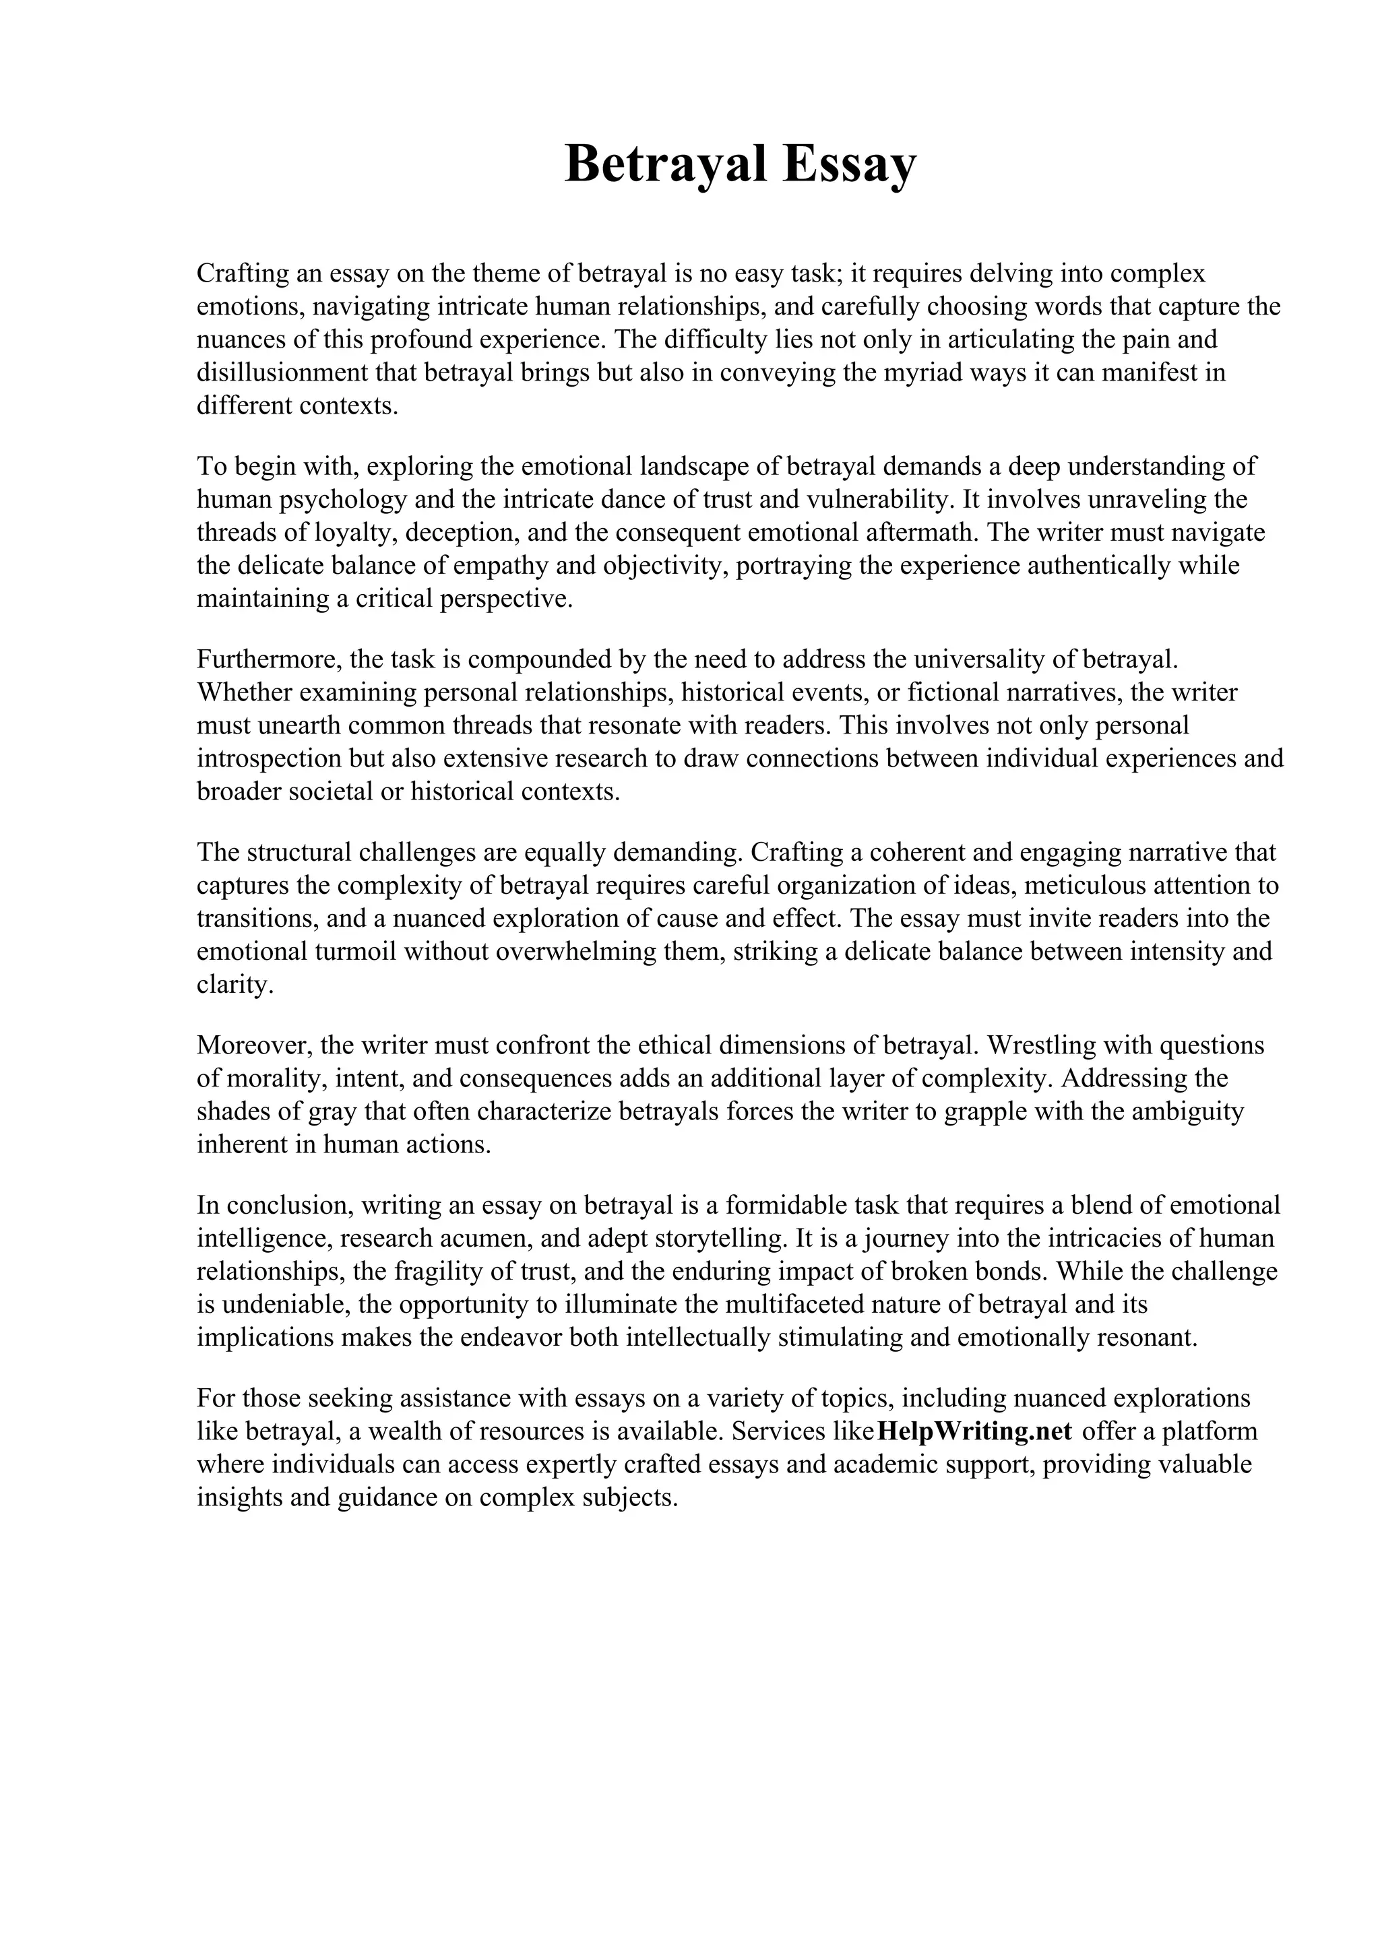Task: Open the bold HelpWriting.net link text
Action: [974, 1431]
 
